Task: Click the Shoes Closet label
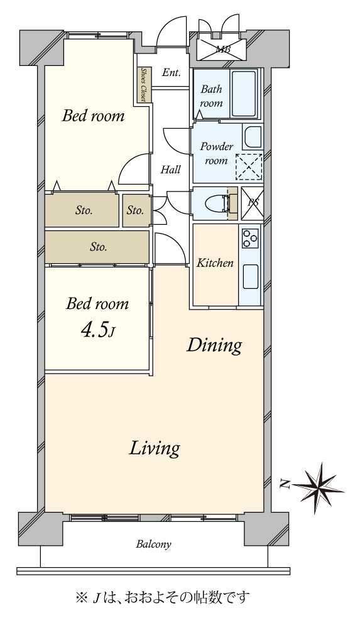[144, 85]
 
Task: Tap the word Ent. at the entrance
[172, 72]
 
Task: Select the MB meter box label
[224, 49]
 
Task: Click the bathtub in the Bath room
[243, 94]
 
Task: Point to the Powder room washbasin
[253, 137]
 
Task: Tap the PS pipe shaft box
[252, 203]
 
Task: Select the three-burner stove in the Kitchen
[250, 238]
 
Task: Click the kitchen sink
[250, 276]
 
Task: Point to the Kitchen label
[215, 263]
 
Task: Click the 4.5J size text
[98, 331]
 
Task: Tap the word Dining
[214, 345]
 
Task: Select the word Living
[155, 448]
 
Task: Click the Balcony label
[154, 545]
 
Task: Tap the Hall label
[171, 170]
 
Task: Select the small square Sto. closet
[136, 210]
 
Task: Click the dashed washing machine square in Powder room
[249, 166]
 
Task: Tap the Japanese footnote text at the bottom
[163, 597]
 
